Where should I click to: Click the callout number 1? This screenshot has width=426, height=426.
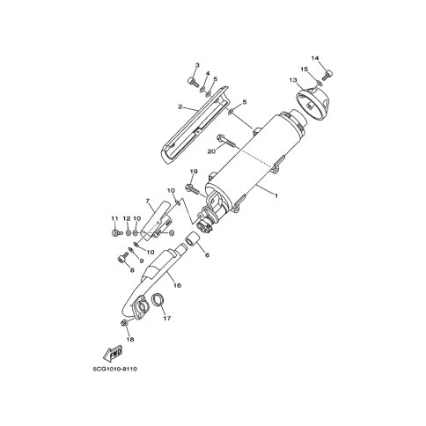[275, 195]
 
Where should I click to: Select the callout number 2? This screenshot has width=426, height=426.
[180, 107]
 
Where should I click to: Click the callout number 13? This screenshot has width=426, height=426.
[293, 80]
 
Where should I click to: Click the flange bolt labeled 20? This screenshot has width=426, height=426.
[225, 140]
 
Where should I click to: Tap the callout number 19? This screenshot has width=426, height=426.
[194, 172]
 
